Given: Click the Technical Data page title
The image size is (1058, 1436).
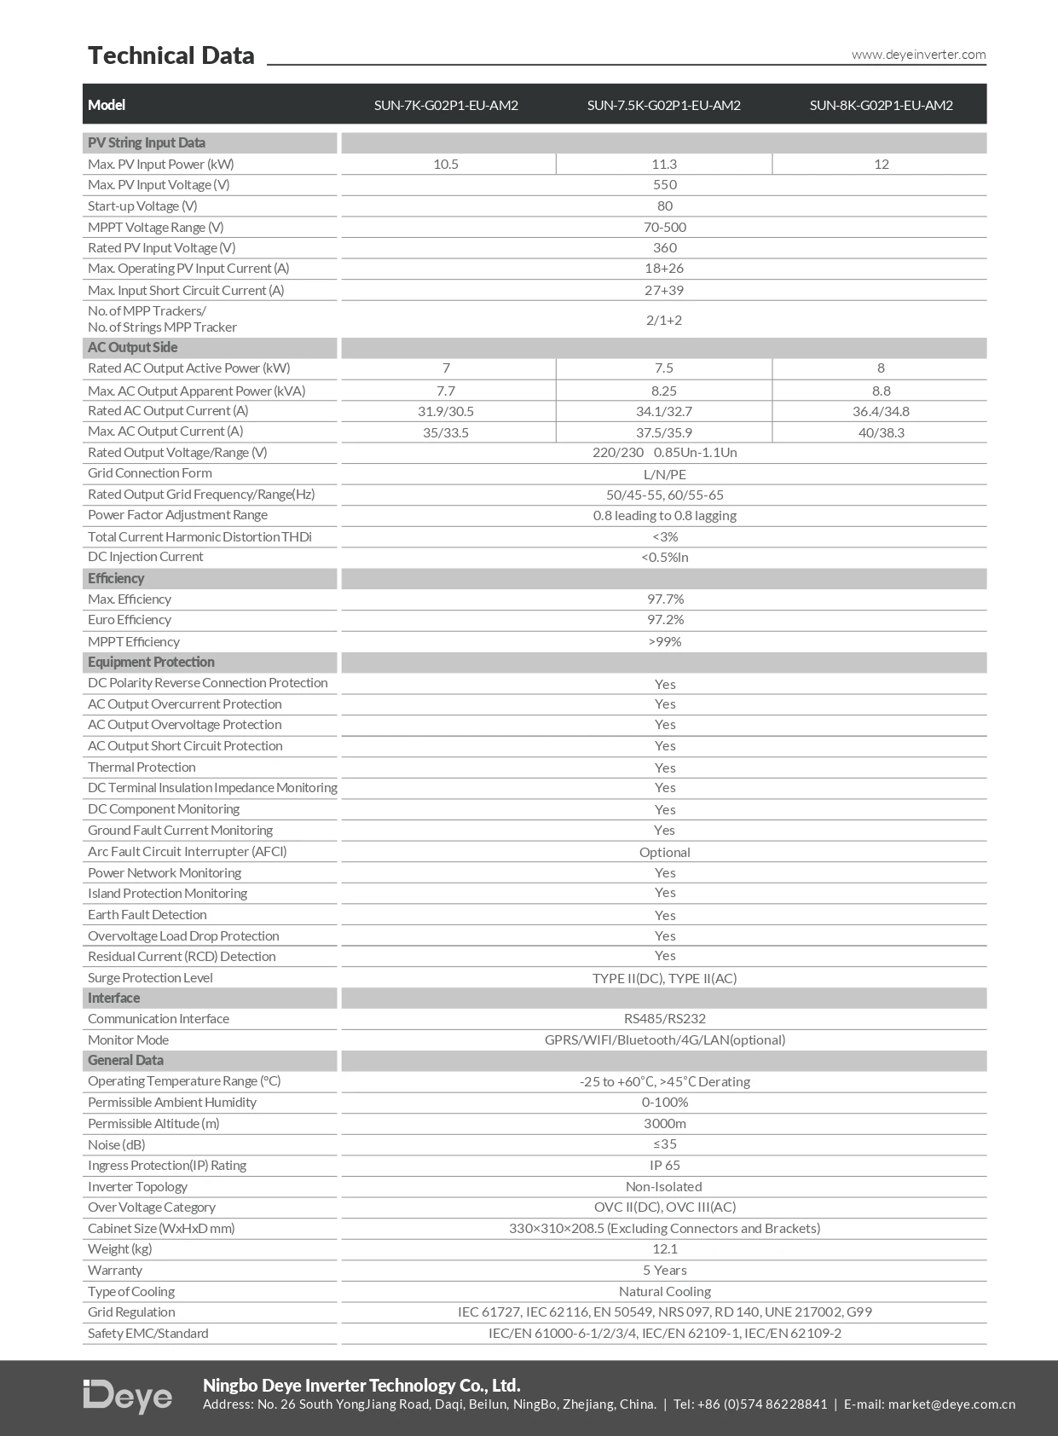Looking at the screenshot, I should (171, 55).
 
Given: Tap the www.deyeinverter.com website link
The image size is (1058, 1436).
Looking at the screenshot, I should (918, 55).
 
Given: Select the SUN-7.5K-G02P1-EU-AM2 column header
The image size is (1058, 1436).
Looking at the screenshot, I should (663, 105).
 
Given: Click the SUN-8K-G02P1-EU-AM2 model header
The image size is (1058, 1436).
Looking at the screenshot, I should (881, 105).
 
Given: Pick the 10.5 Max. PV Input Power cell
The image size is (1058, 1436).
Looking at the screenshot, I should (446, 164).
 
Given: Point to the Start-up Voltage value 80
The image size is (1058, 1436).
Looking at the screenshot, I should (664, 206).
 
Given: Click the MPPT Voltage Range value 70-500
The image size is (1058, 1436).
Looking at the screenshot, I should (664, 227).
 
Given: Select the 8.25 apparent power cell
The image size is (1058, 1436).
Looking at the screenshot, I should (663, 391).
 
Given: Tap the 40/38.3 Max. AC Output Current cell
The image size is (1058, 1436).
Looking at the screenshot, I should (881, 432).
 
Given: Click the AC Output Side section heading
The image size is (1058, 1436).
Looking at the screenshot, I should (133, 347).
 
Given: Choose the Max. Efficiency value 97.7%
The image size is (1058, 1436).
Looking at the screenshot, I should (665, 599).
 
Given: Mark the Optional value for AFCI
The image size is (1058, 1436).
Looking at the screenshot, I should (664, 852).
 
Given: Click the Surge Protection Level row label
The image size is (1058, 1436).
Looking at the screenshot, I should (150, 977).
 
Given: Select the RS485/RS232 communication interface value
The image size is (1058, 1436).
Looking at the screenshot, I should (664, 1018).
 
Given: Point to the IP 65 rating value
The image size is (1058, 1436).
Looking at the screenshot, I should (664, 1165).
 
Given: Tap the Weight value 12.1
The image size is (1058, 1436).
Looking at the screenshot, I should (664, 1248).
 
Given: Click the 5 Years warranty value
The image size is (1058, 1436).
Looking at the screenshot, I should (664, 1270).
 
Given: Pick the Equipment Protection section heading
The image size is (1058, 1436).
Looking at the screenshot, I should (151, 662).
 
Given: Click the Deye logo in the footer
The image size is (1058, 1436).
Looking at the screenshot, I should (128, 1396).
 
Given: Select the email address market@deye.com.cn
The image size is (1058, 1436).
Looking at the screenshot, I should (951, 1404).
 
